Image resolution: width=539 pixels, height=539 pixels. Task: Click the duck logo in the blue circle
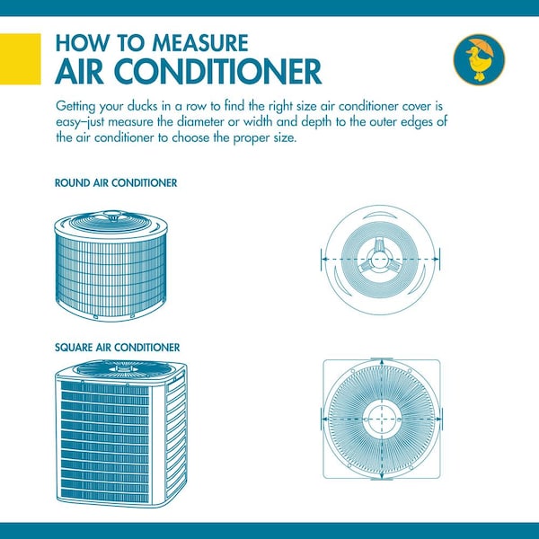pyautogui.click(x=479, y=59)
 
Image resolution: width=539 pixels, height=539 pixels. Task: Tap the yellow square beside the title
pyautogui.click(x=21, y=58)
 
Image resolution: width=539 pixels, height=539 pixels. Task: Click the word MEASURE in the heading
pyautogui.click(x=200, y=43)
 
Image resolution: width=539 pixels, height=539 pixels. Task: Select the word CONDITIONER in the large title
pyautogui.click(x=217, y=72)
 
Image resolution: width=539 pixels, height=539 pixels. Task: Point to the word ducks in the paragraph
pyautogui.click(x=141, y=106)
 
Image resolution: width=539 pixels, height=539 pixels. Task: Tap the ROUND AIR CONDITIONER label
pyautogui.click(x=116, y=183)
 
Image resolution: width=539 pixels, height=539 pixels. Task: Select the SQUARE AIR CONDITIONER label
pyautogui.click(x=117, y=347)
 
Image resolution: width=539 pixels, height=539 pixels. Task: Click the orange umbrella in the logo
pyautogui.click(x=482, y=47)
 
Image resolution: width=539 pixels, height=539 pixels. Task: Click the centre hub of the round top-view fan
pyautogui.click(x=380, y=260)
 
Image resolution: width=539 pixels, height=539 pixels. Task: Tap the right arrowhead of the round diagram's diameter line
pyautogui.click(x=436, y=260)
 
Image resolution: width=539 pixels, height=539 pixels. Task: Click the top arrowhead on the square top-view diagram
pyautogui.click(x=382, y=363)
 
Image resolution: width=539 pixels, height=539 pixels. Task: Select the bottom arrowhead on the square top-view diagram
pyautogui.click(x=382, y=475)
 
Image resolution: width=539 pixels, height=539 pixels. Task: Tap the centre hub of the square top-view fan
pyautogui.click(x=382, y=419)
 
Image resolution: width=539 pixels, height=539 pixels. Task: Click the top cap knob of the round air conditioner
pyautogui.click(x=112, y=216)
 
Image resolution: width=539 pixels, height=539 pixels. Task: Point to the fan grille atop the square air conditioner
pyautogui.click(x=124, y=369)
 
